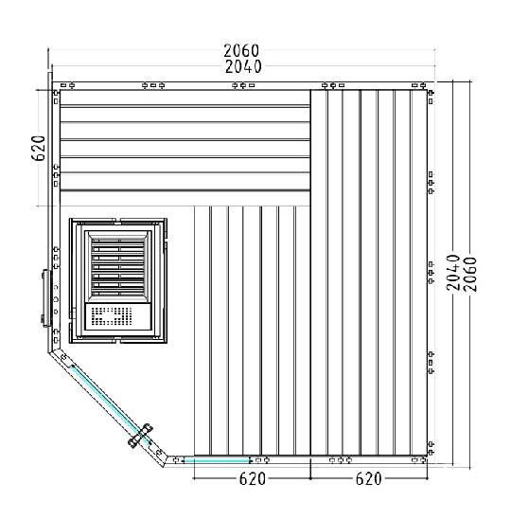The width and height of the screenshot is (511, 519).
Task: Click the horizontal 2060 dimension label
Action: (x=241, y=50)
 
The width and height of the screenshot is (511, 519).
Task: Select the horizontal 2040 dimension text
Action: (x=243, y=66)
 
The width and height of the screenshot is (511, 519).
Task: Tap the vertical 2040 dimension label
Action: (x=453, y=273)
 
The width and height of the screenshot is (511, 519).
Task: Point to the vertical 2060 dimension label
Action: (x=470, y=275)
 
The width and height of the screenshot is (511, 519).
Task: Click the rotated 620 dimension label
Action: (x=39, y=148)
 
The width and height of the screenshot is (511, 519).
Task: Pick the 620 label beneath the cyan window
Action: (x=253, y=478)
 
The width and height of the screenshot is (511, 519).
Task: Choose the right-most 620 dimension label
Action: (x=368, y=478)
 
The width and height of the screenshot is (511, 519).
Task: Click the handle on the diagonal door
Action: (x=141, y=436)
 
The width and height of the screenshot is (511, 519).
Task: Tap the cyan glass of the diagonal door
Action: (x=107, y=402)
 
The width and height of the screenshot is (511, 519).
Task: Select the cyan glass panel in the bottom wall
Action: (x=217, y=460)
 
